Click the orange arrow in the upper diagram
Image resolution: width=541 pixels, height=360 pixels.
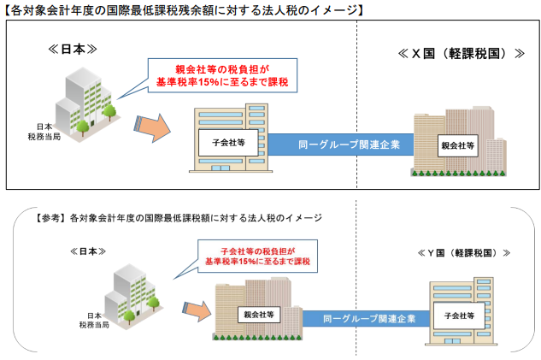click(152, 127)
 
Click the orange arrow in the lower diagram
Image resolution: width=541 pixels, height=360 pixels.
click(197, 311)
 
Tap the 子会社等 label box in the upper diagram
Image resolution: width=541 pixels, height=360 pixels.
click(228, 143)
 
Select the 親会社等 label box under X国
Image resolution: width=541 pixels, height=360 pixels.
click(458, 145)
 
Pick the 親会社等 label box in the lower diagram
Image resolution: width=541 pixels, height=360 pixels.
click(259, 315)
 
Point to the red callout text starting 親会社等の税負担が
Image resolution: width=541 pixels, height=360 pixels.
click(222, 75)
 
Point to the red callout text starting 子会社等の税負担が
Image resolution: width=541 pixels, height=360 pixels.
click(258, 257)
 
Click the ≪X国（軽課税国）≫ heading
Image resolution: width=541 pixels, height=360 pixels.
click(462, 54)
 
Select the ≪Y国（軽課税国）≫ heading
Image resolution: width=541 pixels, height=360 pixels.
click(464, 253)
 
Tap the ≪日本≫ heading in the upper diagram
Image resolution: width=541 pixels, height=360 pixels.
click(73, 50)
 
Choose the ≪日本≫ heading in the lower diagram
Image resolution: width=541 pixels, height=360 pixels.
click(88, 251)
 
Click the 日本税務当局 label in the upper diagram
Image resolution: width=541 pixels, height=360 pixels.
click(44, 132)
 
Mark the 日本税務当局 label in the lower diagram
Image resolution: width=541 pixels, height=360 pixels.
click(94, 321)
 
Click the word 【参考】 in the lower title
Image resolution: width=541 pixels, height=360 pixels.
click(50, 218)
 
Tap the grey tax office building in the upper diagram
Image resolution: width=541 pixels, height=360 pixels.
click(86, 103)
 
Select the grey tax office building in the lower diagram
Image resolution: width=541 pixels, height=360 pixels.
click(133, 296)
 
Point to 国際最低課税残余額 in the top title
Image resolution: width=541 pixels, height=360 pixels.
click(163, 10)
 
